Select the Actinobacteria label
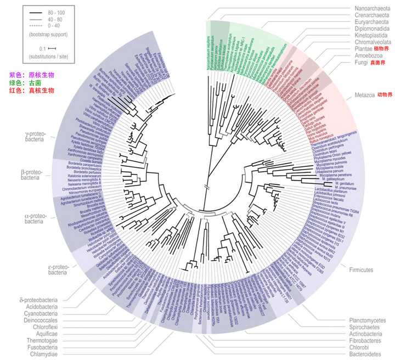(x=369, y=334)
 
